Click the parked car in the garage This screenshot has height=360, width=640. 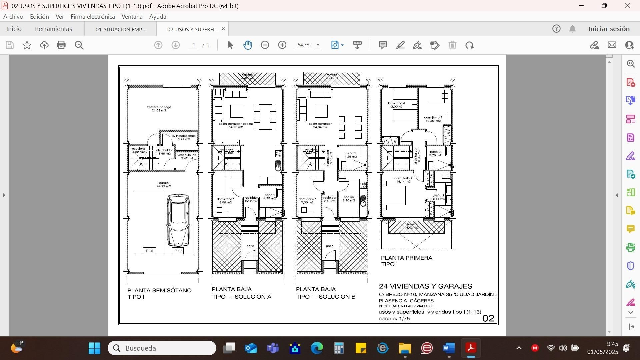point(178,220)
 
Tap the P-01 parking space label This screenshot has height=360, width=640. point(149,251)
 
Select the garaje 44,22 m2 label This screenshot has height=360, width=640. point(164,185)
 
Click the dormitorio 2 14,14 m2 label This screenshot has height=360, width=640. point(403,180)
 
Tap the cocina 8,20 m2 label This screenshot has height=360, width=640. point(349,199)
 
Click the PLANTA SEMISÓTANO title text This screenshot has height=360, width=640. point(159,291)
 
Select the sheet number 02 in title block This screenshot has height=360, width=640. point(488,318)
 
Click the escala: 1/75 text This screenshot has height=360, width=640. point(394,319)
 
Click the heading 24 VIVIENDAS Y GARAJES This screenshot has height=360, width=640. point(425,286)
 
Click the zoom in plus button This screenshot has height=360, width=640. point(282,45)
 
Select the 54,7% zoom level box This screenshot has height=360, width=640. point(304,45)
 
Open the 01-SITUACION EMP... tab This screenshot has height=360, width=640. point(120,29)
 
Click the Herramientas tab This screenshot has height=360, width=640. point(53,29)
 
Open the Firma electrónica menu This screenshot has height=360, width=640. point(93,17)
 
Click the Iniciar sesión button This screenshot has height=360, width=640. point(609,29)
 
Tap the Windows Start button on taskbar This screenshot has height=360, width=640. point(94,348)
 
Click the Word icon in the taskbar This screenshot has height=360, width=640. point(449,348)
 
